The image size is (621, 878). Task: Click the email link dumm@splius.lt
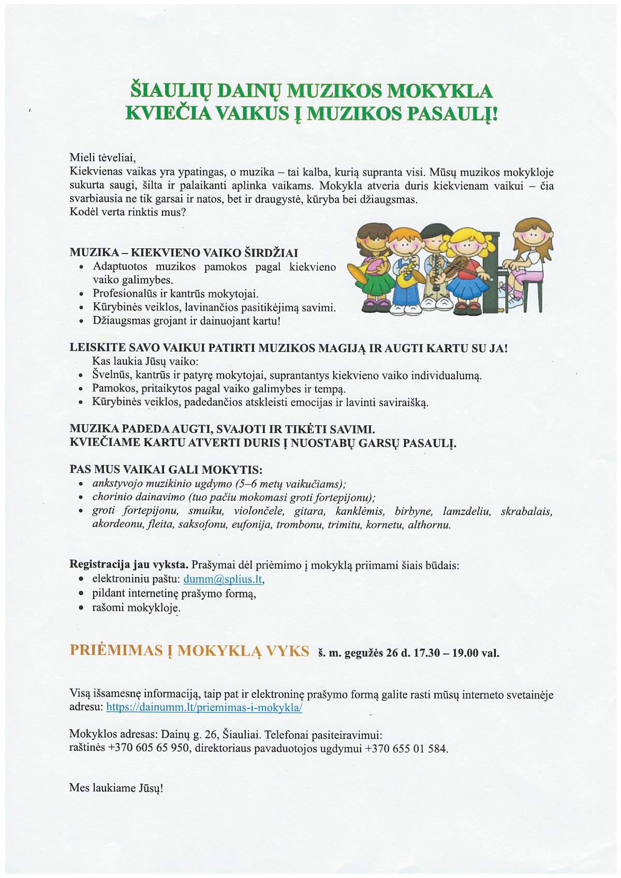click(223, 579)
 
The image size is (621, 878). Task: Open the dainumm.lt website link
click(204, 707)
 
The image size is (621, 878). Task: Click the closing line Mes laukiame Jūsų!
click(116, 788)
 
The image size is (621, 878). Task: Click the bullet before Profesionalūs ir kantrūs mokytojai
click(81, 294)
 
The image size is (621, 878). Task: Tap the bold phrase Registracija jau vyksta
click(129, 564)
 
